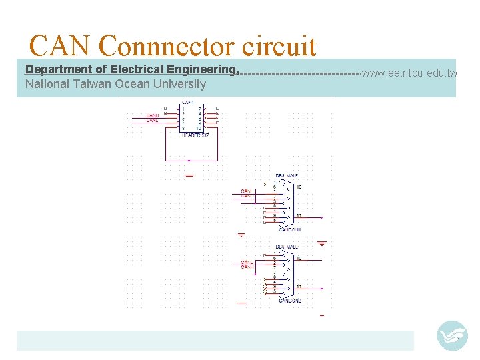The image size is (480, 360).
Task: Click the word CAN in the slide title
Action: tap(60, 46)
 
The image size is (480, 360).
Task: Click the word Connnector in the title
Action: tap(166, 46)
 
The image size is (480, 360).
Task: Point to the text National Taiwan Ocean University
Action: tap(115, 84)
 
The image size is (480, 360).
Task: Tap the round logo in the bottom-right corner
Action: tap(452, 335)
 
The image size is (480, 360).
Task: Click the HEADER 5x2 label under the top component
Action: tap(195, 135)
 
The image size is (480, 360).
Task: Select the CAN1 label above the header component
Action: tap(188, 103)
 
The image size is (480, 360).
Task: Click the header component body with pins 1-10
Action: tap(191, 118)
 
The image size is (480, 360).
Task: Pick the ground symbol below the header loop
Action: tap(189, 175)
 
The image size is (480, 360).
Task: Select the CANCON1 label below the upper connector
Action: tap(289, 229)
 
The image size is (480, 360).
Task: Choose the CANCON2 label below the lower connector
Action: tap(289, 301)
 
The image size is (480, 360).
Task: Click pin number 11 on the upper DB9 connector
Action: tap(299, 215)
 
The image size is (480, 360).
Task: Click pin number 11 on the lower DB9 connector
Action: tap(299, 287)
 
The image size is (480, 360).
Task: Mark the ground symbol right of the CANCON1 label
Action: tap(322, 243)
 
